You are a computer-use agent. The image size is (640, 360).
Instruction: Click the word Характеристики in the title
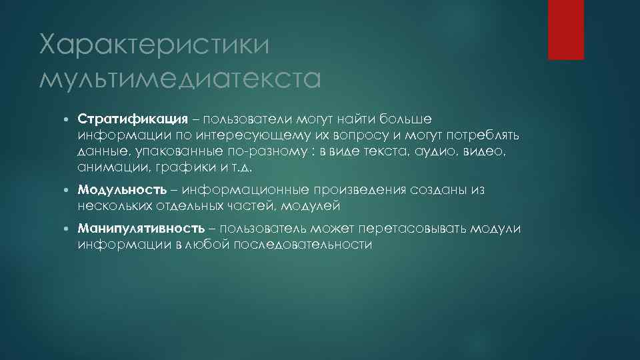tap(155, 47)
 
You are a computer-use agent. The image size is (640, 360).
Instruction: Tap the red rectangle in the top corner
tap(565, 29)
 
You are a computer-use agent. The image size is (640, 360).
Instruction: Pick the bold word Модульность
tap(122, 191)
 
